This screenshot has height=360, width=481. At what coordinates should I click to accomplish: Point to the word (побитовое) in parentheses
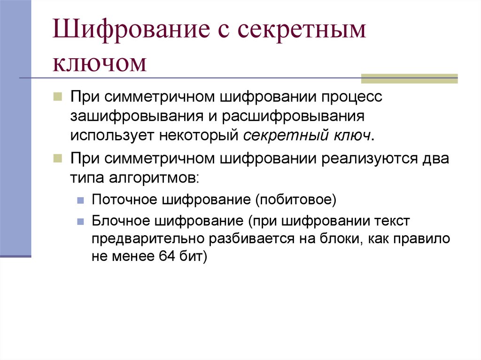click(x=296, y=199)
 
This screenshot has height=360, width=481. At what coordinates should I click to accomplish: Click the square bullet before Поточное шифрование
click(x=80, y=200)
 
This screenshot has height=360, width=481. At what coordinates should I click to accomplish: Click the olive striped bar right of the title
click(x=409, y=78)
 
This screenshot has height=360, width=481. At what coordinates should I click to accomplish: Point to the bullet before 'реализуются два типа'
click(x=57, y=158)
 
